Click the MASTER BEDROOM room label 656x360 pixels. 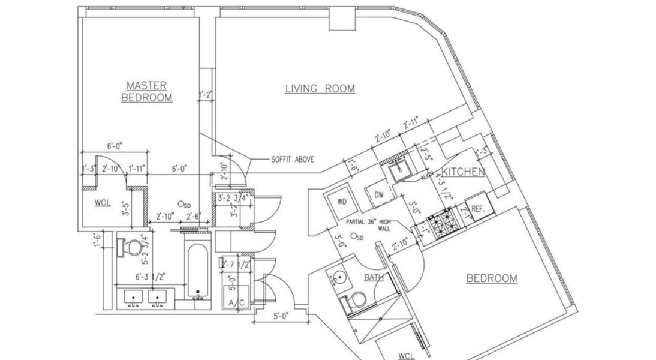click(x=146, y=92)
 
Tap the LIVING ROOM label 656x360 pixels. click(x=320, y=89)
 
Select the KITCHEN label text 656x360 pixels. click(x=463, y=172)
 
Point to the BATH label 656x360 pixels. click(x=374, y=277)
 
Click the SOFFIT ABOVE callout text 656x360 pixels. click(x=292, y=160)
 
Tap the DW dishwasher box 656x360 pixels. click(x=379, y=195)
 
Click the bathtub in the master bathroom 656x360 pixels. click(x=198, y=272)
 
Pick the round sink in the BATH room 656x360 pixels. click(x=338, y=278)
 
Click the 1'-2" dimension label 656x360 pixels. click(x=206, y=94)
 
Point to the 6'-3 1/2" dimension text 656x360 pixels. click(x=142, y=277)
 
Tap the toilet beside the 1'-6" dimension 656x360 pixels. click(x=130, y=247)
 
